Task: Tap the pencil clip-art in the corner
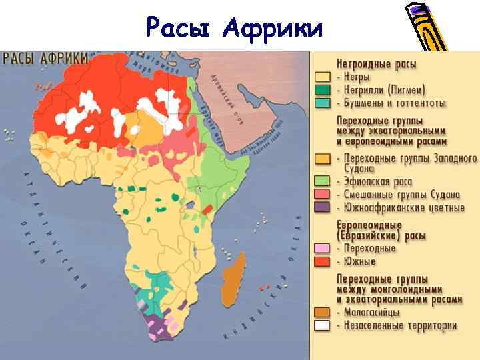point(427,27)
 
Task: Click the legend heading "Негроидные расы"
point(377,65)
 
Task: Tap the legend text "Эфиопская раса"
point(378,181)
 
